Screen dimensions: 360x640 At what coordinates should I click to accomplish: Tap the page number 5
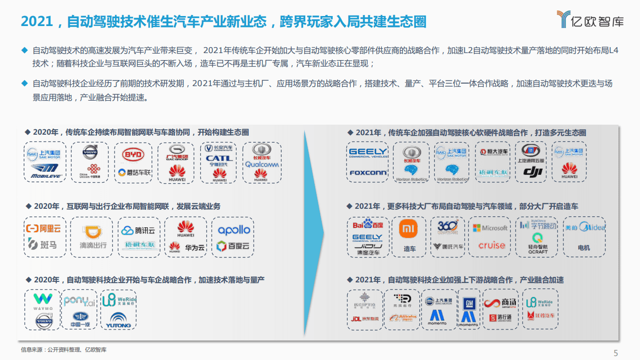tap(615, 352)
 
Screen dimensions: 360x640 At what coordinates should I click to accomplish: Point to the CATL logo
tap(219, 159)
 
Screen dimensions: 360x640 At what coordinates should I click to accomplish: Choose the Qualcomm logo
tap(262, 164)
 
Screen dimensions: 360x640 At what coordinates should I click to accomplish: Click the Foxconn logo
tap(368, 173)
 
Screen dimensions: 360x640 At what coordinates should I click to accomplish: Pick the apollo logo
tap(233, 230)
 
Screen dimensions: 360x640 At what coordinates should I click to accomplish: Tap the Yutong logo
tap(118, 321)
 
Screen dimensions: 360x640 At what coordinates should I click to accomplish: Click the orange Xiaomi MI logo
tap(409, 229)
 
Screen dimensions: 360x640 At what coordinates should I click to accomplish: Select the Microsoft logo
tap(490, 228)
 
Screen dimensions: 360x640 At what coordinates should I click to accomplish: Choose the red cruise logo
tap(491, 245)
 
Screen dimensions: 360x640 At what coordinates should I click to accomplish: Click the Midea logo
tap(584, 227)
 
